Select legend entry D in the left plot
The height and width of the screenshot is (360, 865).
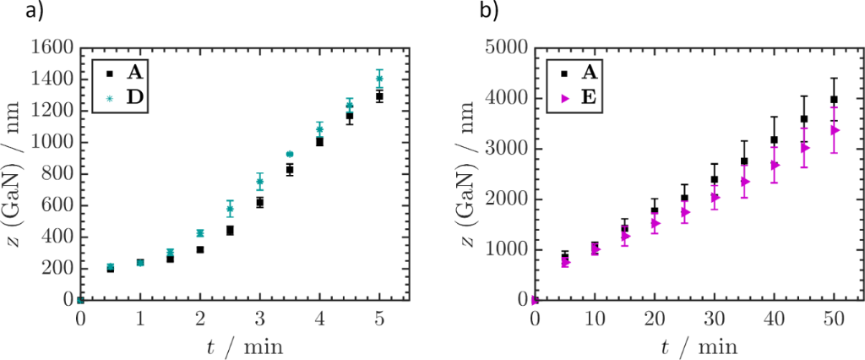tap(133, 99)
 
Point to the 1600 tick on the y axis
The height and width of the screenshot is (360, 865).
tap(52, 48)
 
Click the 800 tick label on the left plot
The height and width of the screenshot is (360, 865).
tap(57, 174)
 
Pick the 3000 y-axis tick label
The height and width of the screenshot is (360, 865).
tap(507, 149)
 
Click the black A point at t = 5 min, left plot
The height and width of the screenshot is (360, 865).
tap(379, 96)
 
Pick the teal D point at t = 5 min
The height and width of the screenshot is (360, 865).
tap(379, 79)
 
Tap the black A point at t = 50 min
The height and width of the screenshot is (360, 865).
tap(834, 100)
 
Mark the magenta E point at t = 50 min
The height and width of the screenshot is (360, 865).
tap(834, 130)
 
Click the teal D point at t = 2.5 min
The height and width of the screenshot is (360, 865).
tap(230, 208)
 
